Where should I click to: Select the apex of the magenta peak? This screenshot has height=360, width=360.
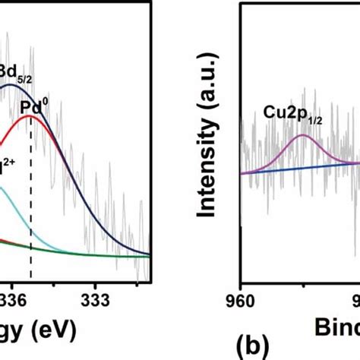click(x=302, y=135)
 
